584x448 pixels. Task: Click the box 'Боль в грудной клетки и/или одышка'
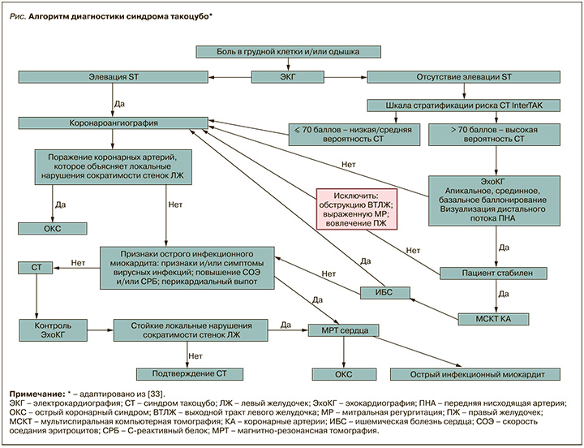coord(288,52)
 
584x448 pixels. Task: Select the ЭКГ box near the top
coord(287,77)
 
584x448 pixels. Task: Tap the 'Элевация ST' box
coord(114,77)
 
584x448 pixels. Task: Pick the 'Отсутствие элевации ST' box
coord(464,77)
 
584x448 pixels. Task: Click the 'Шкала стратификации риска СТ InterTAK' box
coord(464,106)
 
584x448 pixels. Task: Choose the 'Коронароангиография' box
coord(114,123)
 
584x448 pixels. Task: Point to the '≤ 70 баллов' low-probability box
coord(354,135)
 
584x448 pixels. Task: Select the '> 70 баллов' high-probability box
coord(494,135)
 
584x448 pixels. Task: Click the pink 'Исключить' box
coord(356,209)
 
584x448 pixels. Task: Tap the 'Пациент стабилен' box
coord(493,274)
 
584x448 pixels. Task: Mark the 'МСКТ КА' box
coord(493,319)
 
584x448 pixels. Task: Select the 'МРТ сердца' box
coord(343,330)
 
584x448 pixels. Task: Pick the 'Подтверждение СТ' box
coord(190,374)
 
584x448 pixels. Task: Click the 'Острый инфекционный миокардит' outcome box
coord(475,374)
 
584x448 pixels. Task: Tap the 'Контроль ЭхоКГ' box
coord(53,330)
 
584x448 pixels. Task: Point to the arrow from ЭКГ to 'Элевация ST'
coord(230,78)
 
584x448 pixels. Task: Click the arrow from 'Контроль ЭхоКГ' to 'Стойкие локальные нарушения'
coord(101,330)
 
